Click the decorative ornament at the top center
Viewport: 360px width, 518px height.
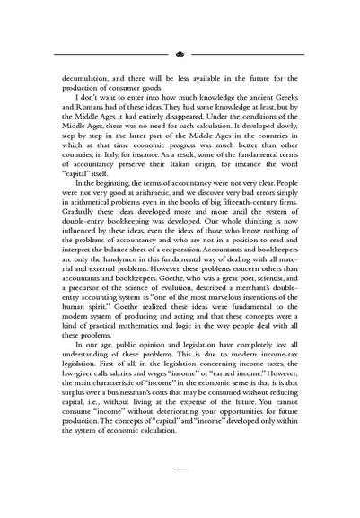(x=180, y=54)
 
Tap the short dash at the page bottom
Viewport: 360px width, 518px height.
(x=180, y=495)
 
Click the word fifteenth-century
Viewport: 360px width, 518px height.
(x=239, y=224)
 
